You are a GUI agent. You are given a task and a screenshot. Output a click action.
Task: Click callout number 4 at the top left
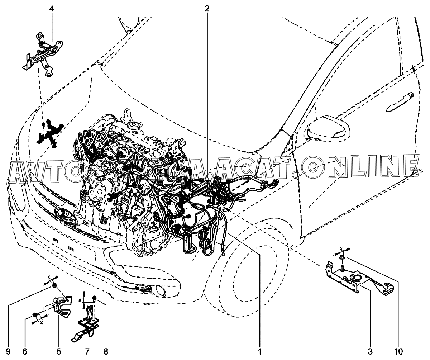(x=52, y=9)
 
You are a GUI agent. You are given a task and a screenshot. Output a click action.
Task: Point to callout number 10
(x=399, y=350)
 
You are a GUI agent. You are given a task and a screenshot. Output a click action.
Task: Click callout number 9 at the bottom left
(x=8, y=350)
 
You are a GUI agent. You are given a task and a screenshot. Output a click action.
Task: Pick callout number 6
(x=24, y=350)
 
